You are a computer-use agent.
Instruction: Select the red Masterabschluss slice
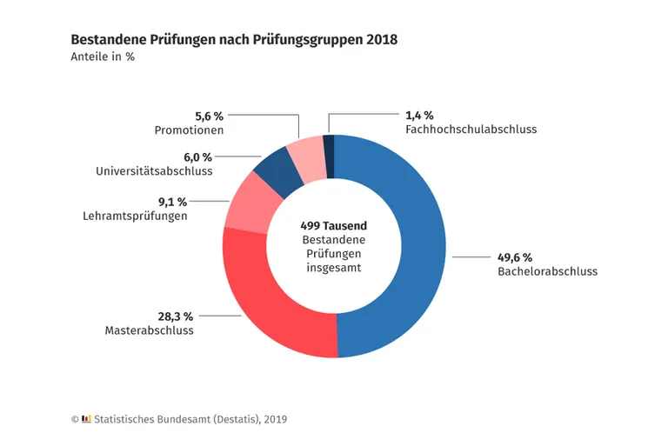(x=270, y=304)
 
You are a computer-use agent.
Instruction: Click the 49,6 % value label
(x=515, y=257)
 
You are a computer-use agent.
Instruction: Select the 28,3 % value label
(x=174, y=316)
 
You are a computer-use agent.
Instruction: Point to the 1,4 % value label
(x=419, y=115)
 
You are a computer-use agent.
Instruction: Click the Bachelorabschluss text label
(x=547, y=271)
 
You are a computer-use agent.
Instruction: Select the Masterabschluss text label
(x=149, y=330)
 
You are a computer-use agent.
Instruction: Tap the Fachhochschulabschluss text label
(x=471, y=129)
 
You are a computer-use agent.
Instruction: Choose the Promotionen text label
(x=189, y=130)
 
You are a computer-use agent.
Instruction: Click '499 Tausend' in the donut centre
(x=334, y=224)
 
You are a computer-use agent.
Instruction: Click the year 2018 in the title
(x=382, y=40)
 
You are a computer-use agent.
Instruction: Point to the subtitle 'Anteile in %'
(x=102, y=57)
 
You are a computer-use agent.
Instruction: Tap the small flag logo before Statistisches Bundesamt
(x=86, y=419)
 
